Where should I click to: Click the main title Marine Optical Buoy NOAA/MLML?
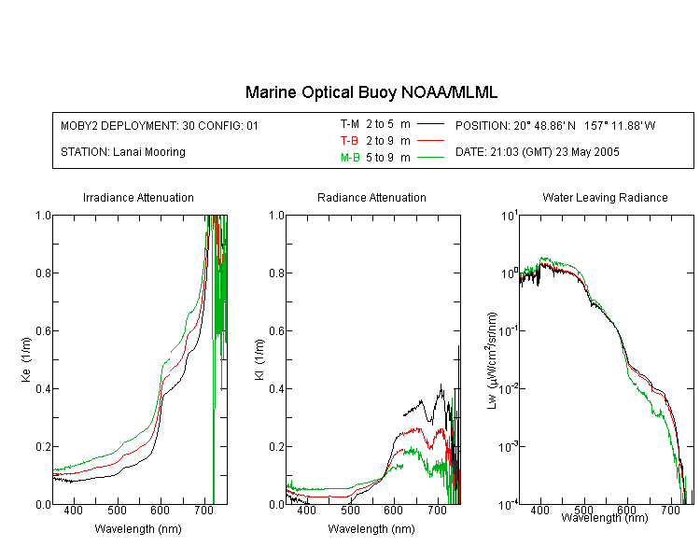(x=371, y=92)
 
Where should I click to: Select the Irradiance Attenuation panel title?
(x=138, y=197)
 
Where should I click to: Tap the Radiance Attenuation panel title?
(x=371, y=197)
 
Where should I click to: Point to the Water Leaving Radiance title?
(x=605, y=197)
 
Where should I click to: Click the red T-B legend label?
(x=349, y=141)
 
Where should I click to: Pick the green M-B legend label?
(x=350, y=157)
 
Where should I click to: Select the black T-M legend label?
(x=350, y=124)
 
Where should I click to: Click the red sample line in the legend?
(x=430, y=141)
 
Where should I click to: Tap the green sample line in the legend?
(x=430, y=157)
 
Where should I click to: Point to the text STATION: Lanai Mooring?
(x=123, y=152)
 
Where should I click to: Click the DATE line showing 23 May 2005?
(x=537, y=152)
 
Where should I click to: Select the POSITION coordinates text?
(x=555, y=125)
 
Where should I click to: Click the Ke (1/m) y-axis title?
(x=26, y=359)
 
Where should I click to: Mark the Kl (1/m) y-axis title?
(x=259, y=359)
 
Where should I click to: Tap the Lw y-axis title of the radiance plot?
(x=492, y=360)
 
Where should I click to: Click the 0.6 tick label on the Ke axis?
(x=43, y=331)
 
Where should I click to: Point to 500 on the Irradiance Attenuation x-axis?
(x=117, y=510)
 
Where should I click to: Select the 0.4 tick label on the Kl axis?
(x=277, y=388)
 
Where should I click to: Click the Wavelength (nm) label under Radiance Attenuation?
(x=371, y=529)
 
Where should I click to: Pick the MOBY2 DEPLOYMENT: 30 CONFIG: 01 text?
(x=160, y=125)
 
